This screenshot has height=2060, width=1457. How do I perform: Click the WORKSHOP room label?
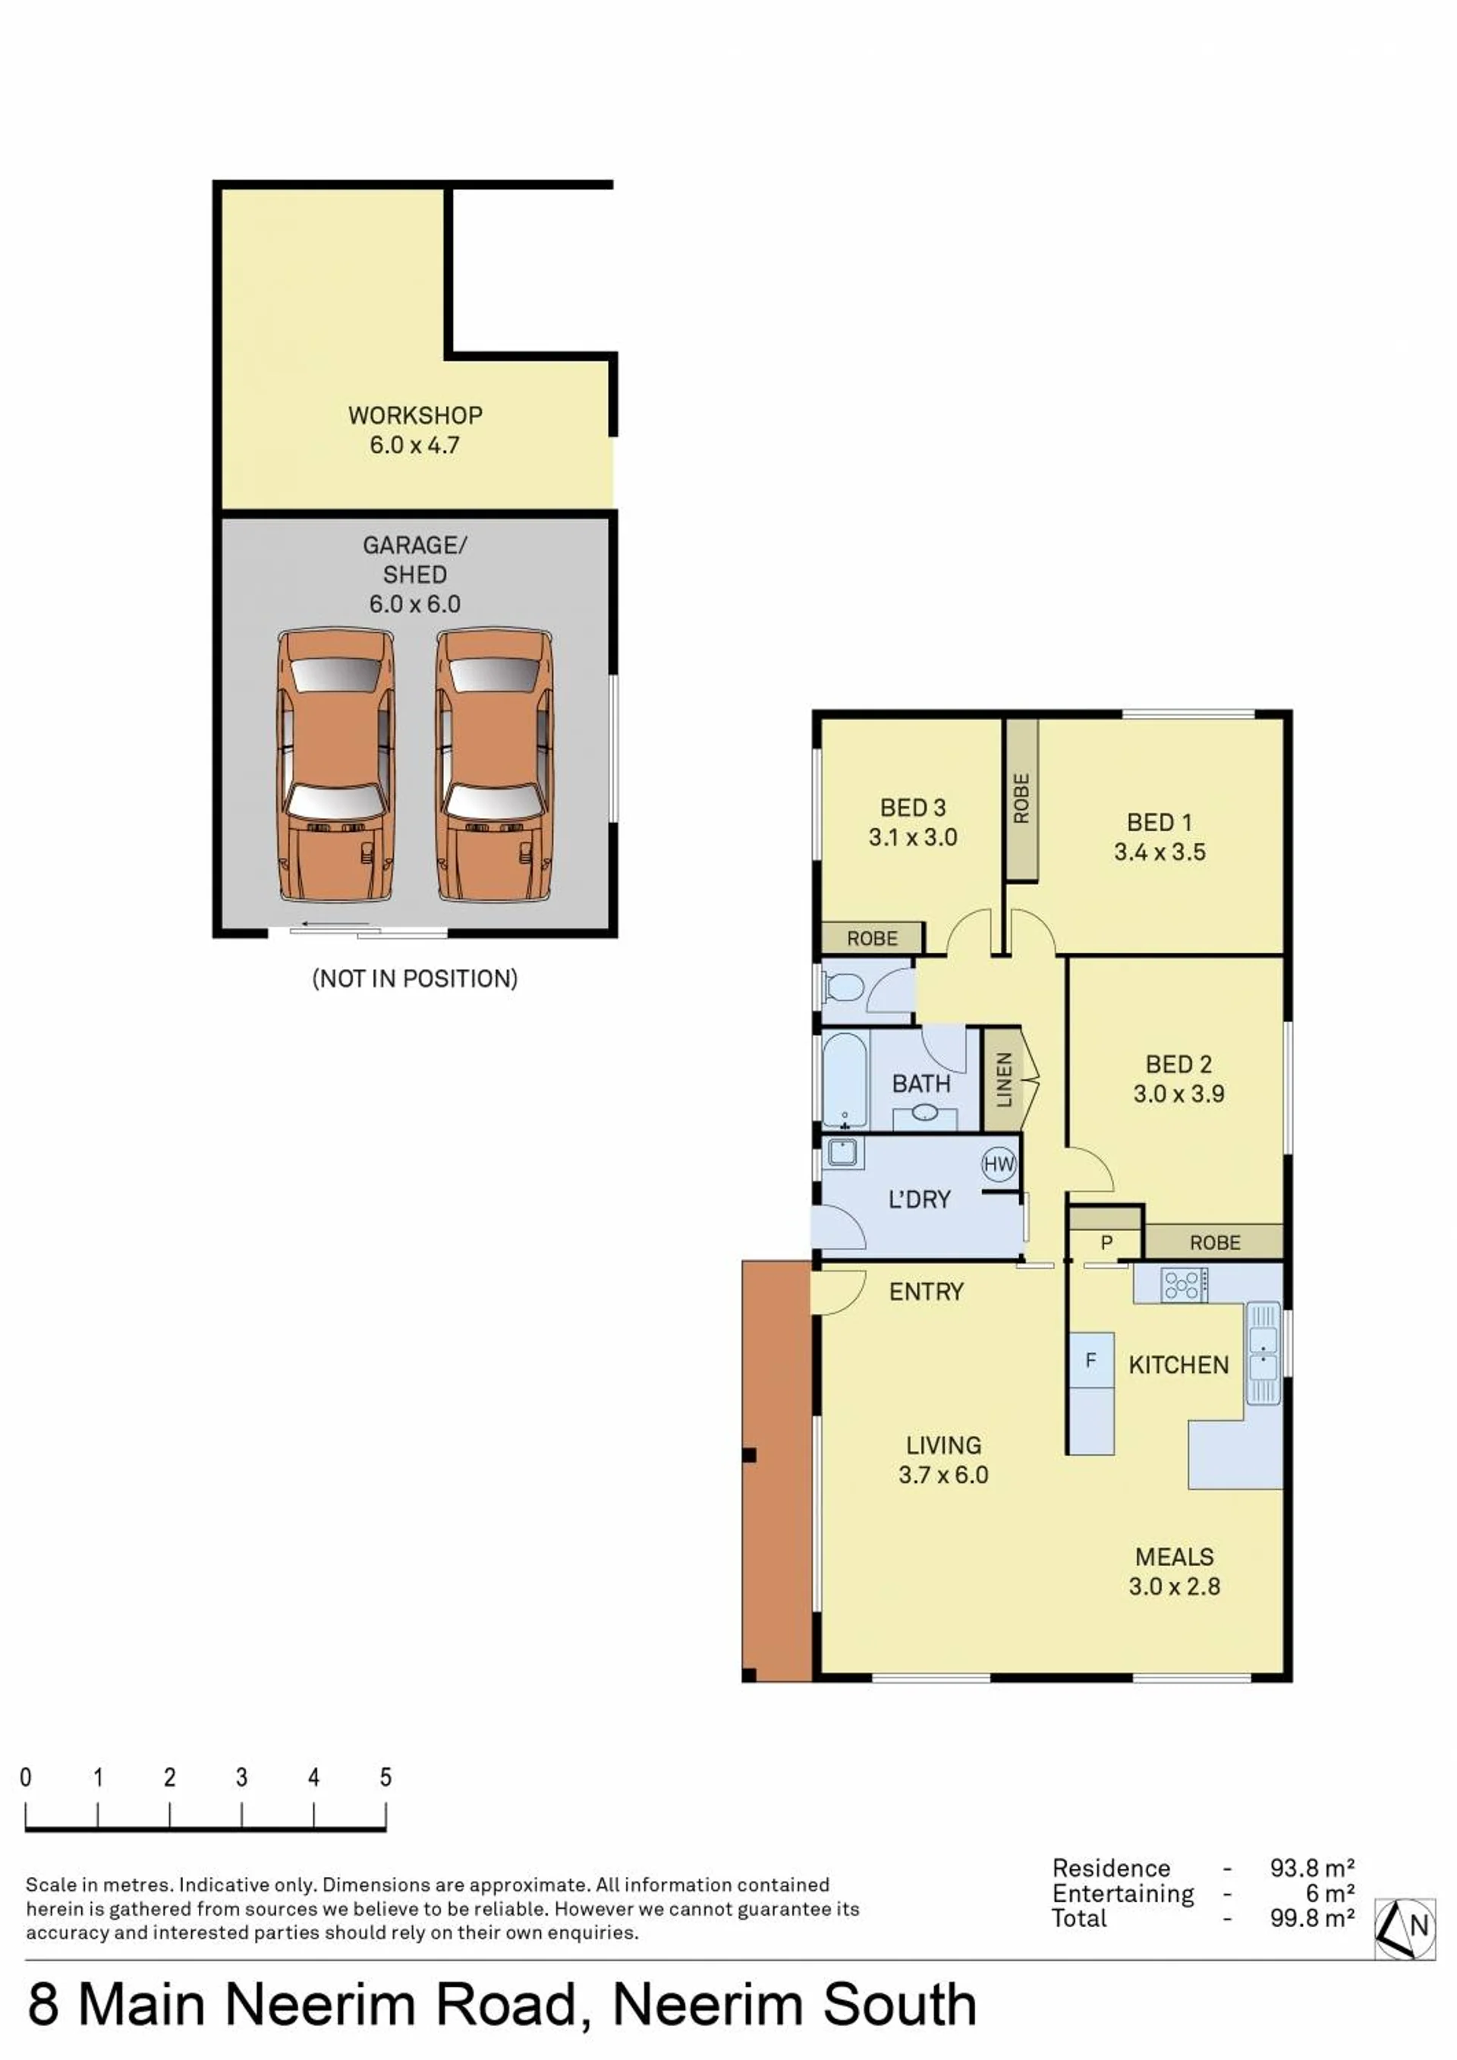point(414,415)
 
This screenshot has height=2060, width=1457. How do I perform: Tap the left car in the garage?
point(335,765)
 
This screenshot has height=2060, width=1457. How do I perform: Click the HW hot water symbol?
point(999,1164)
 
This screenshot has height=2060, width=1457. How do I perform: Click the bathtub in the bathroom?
point(845,1080)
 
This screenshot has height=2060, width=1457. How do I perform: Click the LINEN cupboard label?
point(1004,1079)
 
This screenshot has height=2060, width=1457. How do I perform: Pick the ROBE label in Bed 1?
point(1021,798)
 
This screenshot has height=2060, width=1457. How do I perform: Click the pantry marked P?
point(1106,1243)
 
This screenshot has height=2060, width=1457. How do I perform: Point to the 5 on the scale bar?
point(385,1778)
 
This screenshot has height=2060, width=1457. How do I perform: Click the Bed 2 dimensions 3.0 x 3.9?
point(1178,1094)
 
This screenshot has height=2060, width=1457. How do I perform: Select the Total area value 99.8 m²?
point(1311,1918)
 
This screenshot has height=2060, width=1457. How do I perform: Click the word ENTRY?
point(926,1291)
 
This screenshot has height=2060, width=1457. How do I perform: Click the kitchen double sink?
point(1263,1353)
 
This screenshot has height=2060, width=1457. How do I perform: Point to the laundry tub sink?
point(843,1153)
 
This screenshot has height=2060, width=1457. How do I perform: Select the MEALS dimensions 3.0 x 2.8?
point(1175,1586)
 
